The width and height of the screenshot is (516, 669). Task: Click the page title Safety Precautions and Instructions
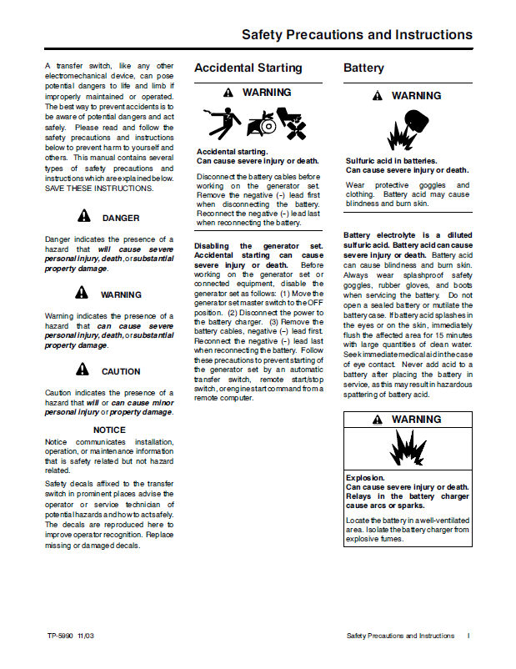point(357,35)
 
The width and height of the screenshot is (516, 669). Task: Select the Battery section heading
point(364,68)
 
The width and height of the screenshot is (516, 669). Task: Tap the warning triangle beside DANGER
point(83,217)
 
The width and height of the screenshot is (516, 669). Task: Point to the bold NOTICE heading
point(109,430)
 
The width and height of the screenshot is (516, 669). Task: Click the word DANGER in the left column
point(121,218)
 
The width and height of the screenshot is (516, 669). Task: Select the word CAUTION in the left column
point(121,371)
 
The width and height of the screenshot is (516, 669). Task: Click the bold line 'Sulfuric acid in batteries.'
point(396,160)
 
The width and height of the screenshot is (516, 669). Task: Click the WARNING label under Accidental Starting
point(267,93)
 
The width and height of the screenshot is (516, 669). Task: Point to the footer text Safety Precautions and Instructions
point(400,636)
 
